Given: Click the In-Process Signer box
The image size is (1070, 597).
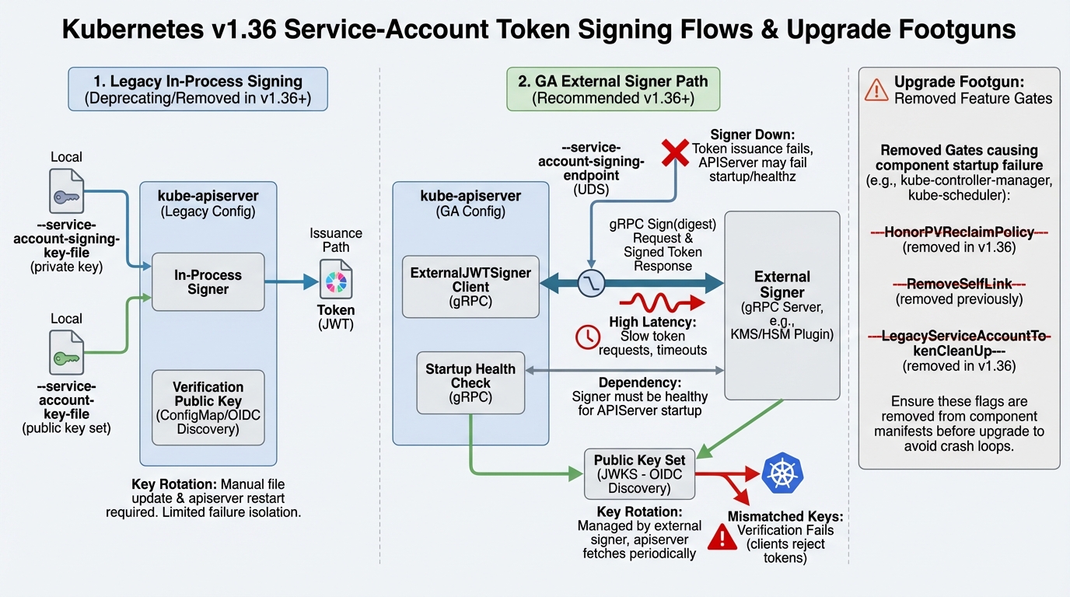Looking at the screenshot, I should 208,281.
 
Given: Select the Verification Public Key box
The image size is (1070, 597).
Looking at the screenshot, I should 208,407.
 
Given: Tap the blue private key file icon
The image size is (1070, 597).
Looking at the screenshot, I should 66,191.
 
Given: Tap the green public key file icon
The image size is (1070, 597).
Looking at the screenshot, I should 66,353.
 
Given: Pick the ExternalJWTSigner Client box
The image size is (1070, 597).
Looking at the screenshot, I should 470,287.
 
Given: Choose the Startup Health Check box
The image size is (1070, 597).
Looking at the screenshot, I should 470,382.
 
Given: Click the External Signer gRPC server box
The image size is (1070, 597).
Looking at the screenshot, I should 782,305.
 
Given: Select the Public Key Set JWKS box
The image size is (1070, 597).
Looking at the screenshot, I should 639,473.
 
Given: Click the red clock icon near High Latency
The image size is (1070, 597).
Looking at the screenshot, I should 587,336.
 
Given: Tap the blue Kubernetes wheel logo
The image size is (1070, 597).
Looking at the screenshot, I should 783,474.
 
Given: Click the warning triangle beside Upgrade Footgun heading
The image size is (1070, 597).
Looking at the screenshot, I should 876,90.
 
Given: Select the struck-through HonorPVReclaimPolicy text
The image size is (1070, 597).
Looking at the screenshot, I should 959,232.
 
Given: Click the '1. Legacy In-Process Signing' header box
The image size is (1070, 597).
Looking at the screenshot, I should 198,90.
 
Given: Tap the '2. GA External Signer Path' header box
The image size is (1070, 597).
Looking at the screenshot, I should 613,89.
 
